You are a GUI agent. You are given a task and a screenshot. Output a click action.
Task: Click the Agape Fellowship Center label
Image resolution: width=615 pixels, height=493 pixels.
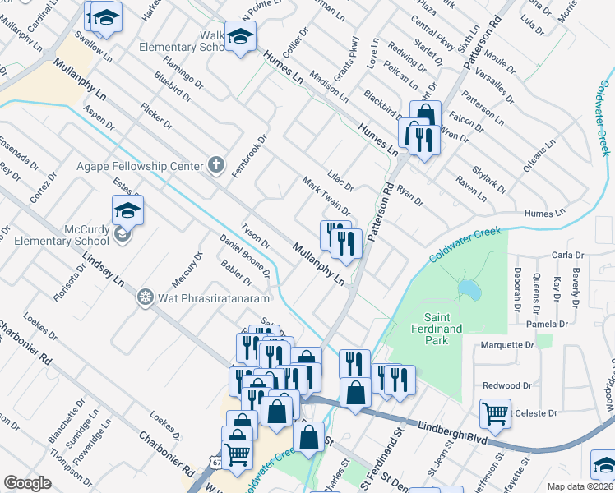(140, 166)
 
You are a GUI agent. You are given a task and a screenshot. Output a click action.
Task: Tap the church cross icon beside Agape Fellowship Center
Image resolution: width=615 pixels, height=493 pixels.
(216, 165)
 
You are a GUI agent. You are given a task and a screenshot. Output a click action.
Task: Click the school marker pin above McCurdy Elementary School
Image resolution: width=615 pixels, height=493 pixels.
(127, 211)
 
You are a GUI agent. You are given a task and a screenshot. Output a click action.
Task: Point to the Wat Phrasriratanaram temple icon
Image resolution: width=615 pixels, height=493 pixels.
(146, 296)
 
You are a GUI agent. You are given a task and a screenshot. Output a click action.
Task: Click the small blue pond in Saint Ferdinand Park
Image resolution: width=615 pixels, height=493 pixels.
(469, 289)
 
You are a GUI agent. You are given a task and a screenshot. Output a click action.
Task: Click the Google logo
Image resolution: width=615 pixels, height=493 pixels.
(27, 483)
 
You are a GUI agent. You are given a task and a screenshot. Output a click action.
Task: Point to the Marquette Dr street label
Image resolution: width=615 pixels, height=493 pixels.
(507, 345)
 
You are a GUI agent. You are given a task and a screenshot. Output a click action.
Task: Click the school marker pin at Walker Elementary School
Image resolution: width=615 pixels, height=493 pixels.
(241, 37)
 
